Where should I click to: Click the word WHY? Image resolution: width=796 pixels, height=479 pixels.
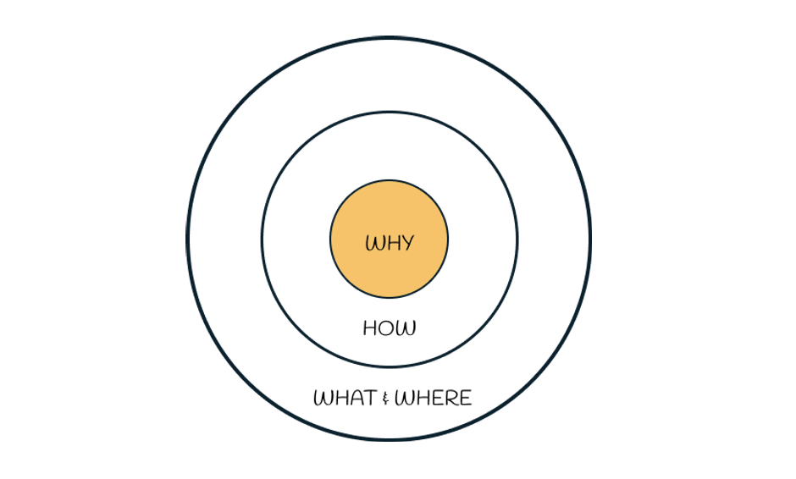(x=390, y=243)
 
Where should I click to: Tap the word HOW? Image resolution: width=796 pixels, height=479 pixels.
(x=390, y=328)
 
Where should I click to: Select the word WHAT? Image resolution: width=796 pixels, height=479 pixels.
(x=345, y=397)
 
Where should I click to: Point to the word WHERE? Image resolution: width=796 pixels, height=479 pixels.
(x=433, y=397)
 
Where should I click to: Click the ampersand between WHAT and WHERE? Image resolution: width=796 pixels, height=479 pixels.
(x=386, y=399)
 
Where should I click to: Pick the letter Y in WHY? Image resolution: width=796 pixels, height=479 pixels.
(x=406, y=244)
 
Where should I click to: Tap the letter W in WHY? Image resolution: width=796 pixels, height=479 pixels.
(x=374, y=243)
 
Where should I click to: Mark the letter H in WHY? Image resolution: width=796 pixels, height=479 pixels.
(x=391, y=243)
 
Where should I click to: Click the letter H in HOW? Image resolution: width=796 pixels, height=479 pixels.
(x=369, y=328)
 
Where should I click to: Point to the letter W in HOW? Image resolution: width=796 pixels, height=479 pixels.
(x=406, y=328)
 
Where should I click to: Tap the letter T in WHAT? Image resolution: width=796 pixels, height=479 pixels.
(x=371, y=398)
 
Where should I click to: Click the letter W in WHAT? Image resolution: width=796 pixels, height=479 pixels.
(x=323, y=398)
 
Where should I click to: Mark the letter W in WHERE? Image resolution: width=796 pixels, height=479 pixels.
(x=404, y=398)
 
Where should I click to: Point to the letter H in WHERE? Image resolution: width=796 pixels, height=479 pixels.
(x=423, y=398)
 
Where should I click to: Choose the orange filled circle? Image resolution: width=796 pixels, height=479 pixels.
(x=390, y=239)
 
